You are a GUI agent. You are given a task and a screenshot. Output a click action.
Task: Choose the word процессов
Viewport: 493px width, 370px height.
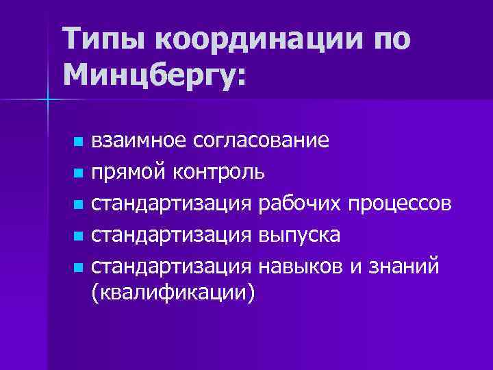399,203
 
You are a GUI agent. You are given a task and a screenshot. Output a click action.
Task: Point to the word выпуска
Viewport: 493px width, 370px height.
299,234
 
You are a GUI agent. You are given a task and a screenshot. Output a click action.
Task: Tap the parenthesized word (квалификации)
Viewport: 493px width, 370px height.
173,293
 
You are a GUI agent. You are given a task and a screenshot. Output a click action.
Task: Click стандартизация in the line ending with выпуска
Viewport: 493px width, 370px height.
173,234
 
